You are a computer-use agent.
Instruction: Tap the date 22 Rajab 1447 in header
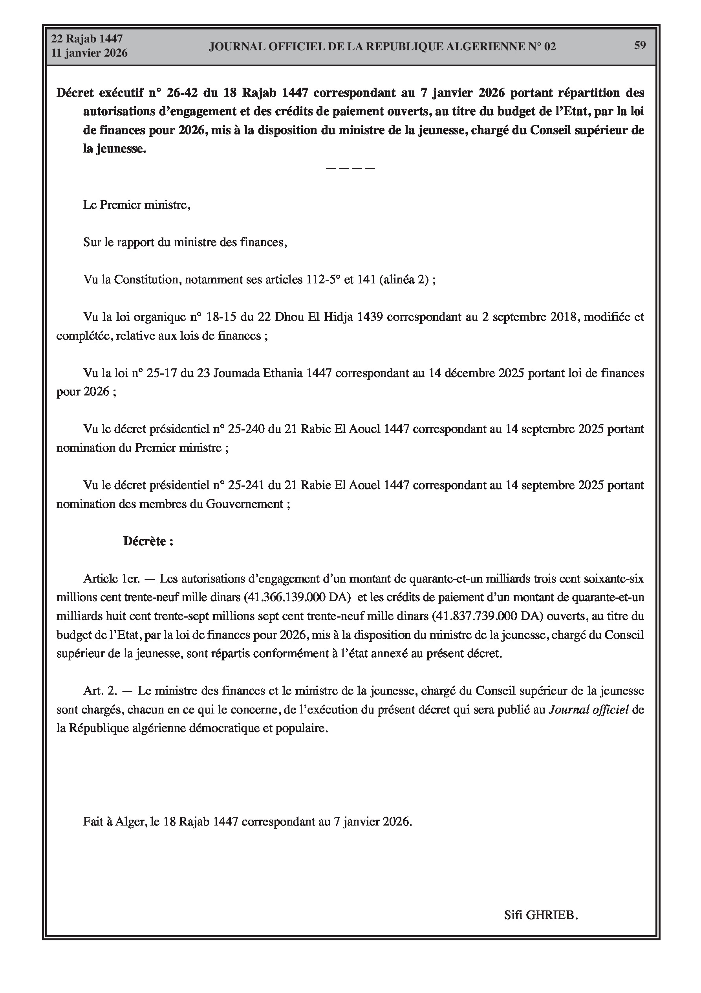87,39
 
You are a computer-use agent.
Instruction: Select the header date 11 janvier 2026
90,53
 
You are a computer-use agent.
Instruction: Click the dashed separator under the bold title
350,168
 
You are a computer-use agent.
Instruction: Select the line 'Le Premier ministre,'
137,204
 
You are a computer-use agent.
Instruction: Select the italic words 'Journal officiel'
588,710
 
